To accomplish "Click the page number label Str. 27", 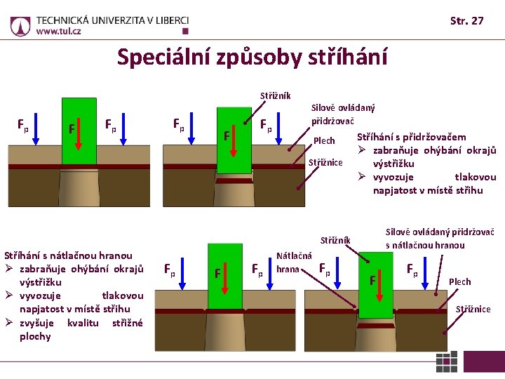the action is pos(466,21).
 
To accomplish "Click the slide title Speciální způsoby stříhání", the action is pos(252,56).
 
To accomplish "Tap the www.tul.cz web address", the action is pos(58,32).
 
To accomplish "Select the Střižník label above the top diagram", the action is pos(275,95).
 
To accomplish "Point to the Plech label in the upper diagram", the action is pos(324,141).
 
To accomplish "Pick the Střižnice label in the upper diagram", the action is pos(325,163).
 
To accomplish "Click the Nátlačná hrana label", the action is pos(294,262).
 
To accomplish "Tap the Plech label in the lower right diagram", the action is pos(459,281).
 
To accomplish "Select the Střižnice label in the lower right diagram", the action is pos(473,309).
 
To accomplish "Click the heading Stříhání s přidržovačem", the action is pos(412,137).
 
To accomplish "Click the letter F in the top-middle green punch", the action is pos(227,134).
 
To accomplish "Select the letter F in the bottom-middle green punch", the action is pos(218,272).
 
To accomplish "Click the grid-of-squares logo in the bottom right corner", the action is pos(447,362).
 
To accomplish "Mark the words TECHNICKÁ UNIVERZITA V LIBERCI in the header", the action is pos(112,19).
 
